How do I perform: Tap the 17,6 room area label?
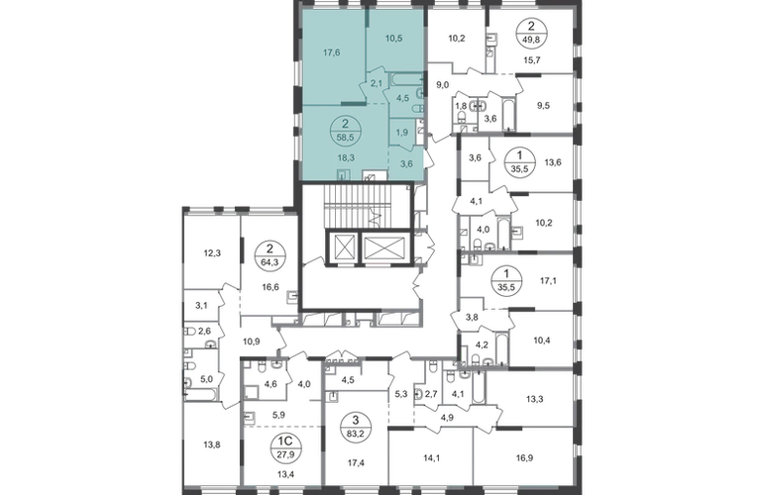point(331,52)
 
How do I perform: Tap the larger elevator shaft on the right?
point(384,247)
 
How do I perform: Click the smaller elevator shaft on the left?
point(344,247)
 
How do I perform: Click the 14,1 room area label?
point(431,457)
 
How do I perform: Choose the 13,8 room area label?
point(211,444)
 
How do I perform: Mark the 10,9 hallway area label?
point(251,342)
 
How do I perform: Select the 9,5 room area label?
point(543,105)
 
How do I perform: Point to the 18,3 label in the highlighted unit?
point(346,157)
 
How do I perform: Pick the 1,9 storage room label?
point(401,133)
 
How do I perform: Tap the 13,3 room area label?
point(535,399)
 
